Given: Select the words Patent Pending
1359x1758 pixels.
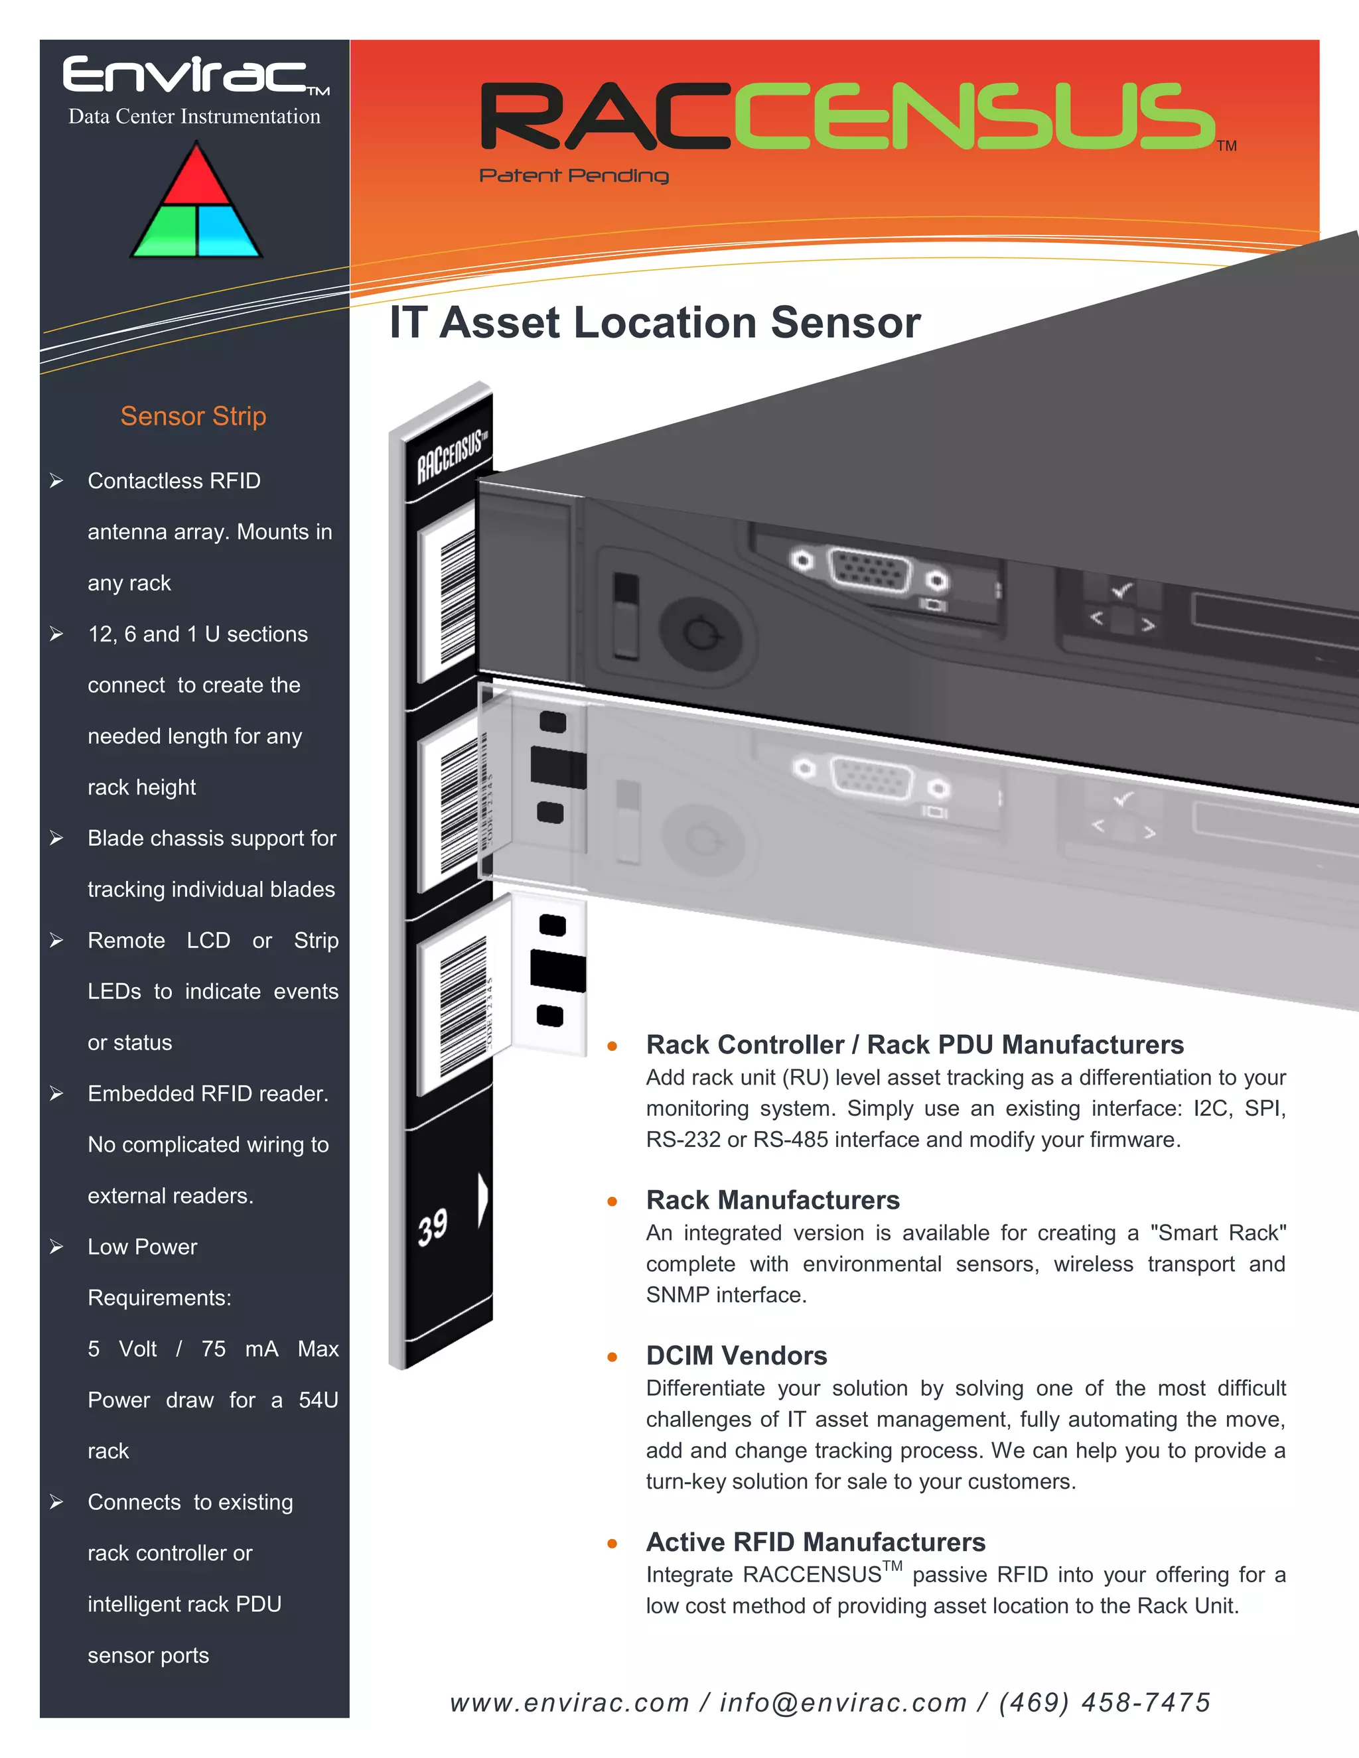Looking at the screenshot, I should pos(573,176).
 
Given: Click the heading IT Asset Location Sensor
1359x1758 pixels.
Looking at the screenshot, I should pos(654,323).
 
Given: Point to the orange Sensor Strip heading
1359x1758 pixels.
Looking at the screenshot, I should pos(193,416).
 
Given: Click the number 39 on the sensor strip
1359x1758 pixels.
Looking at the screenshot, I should pos(433,1227).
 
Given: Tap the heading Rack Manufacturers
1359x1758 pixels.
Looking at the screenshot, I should pos(773,1199).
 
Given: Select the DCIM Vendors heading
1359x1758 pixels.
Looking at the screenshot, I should pos(736,1355).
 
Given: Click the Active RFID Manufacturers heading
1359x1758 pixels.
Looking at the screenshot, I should pos(816,1542).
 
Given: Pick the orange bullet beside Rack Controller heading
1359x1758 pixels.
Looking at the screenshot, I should pos(612,1046).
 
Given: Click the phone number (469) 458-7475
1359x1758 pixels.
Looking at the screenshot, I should pos(1105,1702).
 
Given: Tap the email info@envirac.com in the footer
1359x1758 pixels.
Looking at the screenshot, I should pos(843,1702).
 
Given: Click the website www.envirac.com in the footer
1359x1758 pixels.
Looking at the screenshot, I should pos(569,1702).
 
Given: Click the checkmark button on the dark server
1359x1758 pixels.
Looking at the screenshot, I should pos(1121,592).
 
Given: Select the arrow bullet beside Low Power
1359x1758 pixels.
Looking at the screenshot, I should pos(56,1247).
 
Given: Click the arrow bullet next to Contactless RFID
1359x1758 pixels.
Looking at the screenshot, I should pos(56,480).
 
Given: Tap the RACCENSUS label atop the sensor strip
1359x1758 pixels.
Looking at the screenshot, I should pos(451,457).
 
